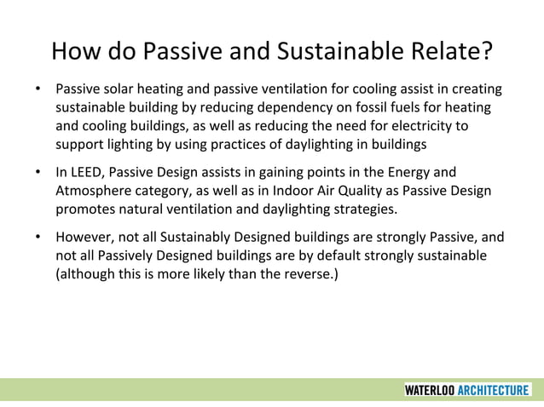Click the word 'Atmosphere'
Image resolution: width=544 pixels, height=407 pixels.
92,190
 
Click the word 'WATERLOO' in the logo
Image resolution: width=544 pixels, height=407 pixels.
430,390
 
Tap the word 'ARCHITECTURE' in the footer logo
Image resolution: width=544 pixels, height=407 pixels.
494,390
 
